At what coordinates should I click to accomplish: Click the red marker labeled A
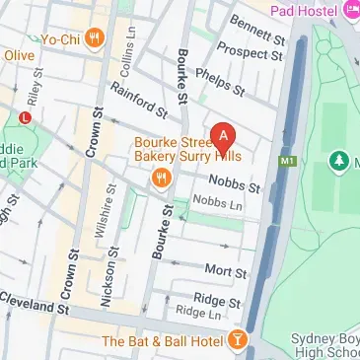(225, 135)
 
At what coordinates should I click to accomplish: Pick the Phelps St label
(218, 80)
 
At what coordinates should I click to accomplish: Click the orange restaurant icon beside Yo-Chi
(95, 40)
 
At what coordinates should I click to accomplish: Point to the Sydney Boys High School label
(325, 346)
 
